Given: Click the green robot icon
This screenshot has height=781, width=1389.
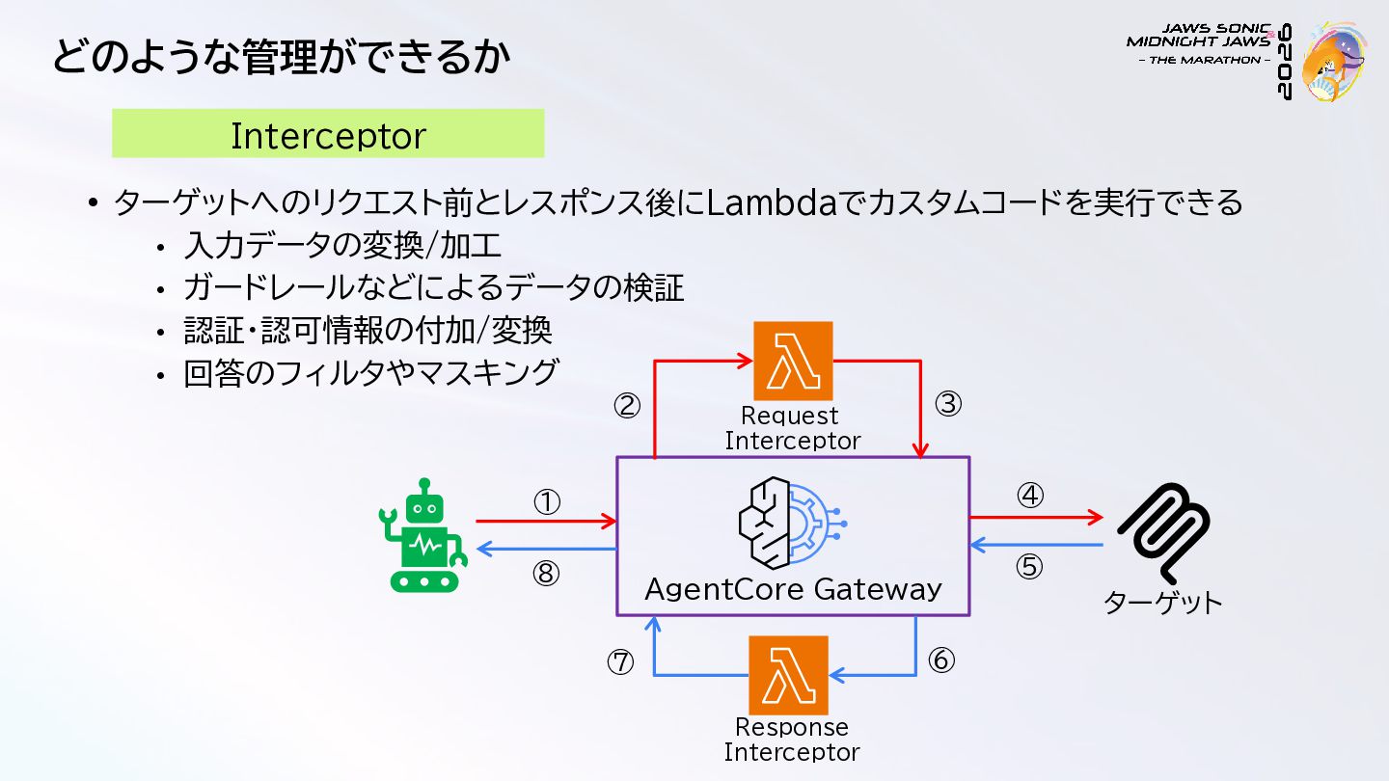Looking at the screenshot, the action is point(422,535).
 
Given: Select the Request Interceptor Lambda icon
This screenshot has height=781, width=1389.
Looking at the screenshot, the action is point(793,361).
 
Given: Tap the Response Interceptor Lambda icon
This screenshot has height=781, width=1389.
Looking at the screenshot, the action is point(788,675).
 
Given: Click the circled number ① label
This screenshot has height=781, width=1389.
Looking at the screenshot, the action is point(547,502).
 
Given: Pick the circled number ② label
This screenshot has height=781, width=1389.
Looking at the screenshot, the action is point(627,406).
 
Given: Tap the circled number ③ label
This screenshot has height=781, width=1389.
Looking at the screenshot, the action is point(948,404).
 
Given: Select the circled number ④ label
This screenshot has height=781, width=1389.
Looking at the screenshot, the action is point(1030,496).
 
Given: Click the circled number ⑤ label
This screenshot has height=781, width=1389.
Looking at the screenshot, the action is point(1029,567).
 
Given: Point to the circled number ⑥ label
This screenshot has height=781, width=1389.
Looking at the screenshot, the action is point(941,660).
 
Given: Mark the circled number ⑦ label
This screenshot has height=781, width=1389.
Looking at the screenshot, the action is point(620,662).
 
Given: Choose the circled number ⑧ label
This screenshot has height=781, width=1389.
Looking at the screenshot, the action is point(546,574).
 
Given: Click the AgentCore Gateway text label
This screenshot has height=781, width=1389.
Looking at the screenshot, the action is point(793,589).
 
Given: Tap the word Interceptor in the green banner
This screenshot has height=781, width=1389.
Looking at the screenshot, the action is point(329,136).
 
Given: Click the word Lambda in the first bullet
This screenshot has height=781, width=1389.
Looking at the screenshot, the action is point(772,202).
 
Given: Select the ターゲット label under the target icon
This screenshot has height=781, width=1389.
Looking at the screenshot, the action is point(1162,603).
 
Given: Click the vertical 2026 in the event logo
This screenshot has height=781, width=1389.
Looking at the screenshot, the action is point(1284,62).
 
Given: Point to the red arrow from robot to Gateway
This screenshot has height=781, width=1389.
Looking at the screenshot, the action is point(546,522).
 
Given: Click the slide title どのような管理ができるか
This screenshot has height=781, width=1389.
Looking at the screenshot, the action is point(282,56).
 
